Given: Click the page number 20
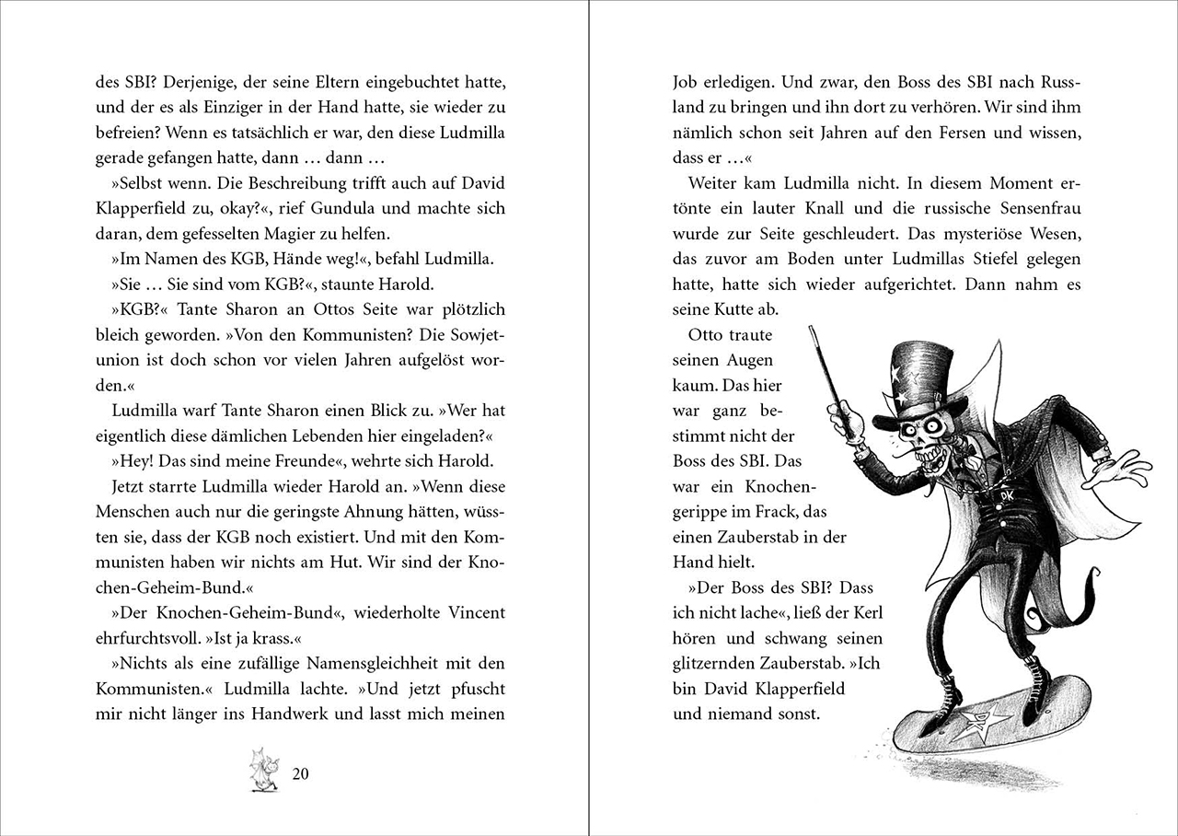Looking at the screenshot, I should point(300,773).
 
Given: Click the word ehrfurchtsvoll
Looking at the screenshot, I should point(144,637).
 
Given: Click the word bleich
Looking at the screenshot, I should point(117,334).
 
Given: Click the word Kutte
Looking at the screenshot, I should point(743,310).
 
